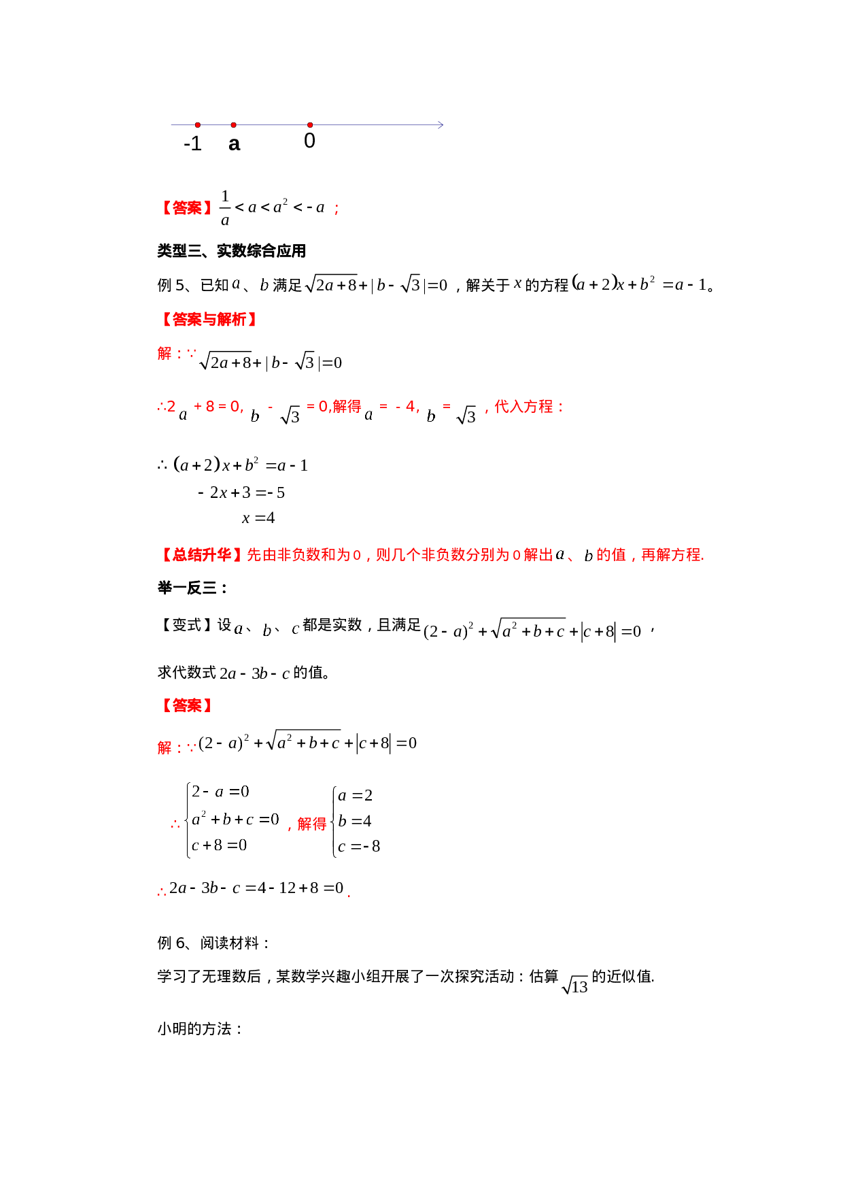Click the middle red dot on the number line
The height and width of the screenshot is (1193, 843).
click(x=234, y=125)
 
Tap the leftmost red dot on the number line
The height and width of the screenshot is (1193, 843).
click(x=198, y=125)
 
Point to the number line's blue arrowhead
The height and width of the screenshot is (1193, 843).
click(x=441, y=125)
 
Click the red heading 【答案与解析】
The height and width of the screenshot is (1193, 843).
click(x=209, y=320)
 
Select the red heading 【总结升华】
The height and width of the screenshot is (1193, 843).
click(x=201, y=555)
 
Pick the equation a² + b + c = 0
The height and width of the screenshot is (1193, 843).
click(x=235, y=819)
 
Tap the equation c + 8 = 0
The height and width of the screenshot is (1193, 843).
click(x=220, y=845)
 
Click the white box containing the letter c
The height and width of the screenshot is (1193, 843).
click(x=296, y=630)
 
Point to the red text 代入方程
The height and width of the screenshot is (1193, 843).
click(x=523, y=407)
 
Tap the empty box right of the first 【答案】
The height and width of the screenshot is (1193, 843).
click(x=273, y=207)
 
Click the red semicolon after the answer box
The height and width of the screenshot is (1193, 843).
click(x=337, y=209)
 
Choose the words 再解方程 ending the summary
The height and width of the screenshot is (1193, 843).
click(x=670, y=555)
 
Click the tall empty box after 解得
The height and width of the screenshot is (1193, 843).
click(x=355, y=822)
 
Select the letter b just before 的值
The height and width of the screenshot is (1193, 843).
click(x=589, y=556)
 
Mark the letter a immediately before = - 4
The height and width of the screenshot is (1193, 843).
click(x=369, y=415)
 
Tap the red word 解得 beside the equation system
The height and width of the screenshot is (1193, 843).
click(x=311, y=824)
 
